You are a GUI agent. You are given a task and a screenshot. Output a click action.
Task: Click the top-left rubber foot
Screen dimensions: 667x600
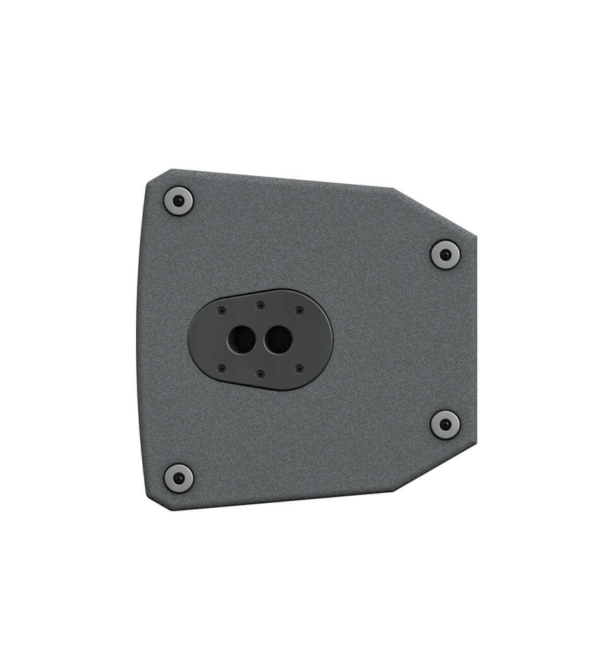pos(178,201)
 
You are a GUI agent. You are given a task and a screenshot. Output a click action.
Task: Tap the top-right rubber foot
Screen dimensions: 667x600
pos(444,254)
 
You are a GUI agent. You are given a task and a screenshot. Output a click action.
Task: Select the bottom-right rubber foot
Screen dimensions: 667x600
pos(444,424)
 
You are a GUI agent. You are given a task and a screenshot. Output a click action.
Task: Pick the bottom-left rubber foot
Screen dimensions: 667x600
pos(178,477)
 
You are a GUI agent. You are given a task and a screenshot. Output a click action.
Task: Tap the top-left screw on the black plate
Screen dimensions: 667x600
pos(221,311)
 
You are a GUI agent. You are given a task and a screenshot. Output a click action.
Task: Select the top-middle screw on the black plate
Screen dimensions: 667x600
pos(260,305)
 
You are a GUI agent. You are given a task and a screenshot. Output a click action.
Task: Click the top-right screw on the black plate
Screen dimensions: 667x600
pos(299,311)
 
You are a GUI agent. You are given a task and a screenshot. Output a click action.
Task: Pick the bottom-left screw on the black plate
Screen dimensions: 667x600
pos(221,367)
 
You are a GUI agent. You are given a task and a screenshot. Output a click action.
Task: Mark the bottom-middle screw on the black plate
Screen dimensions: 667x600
pos(260,373)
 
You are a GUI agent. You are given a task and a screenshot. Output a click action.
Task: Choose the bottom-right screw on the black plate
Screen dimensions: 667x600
pos(299,367)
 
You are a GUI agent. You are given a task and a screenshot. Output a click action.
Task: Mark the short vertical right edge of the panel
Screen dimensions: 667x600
pos(476,340)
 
